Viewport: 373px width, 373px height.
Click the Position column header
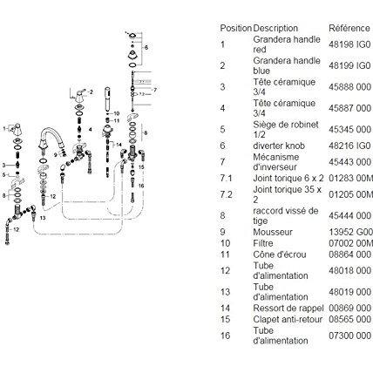[x=235, y=28]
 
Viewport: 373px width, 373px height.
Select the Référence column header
[x=349, y=28]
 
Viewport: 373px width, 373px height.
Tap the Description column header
[x=275, y=28]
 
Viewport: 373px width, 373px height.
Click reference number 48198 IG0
[x=349, y=44]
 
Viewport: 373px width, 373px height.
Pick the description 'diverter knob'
[x=279, y=146]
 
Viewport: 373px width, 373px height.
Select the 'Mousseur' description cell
[x=273, y=232]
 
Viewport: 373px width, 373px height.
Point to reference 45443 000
[x=349, y=162]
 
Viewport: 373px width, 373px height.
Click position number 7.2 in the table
[x=227, y=194]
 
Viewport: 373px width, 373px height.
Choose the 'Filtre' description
[x=263, y=243]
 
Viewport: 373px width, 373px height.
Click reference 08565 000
[x=349, y=319]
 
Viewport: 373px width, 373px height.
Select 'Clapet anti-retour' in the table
[x=288, y=319]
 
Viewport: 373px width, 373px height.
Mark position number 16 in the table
[x=225, y=336]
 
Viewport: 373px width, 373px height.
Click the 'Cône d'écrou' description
[x=280, y=254]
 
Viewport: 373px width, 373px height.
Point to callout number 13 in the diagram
[x=43, y=218]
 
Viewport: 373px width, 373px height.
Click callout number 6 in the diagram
[x=146, y=47]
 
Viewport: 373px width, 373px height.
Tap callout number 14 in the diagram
[x=119, y=145]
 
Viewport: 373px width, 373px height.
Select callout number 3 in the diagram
[x=3, y=166]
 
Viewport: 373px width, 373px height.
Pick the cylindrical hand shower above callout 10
[x=107, y=98]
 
